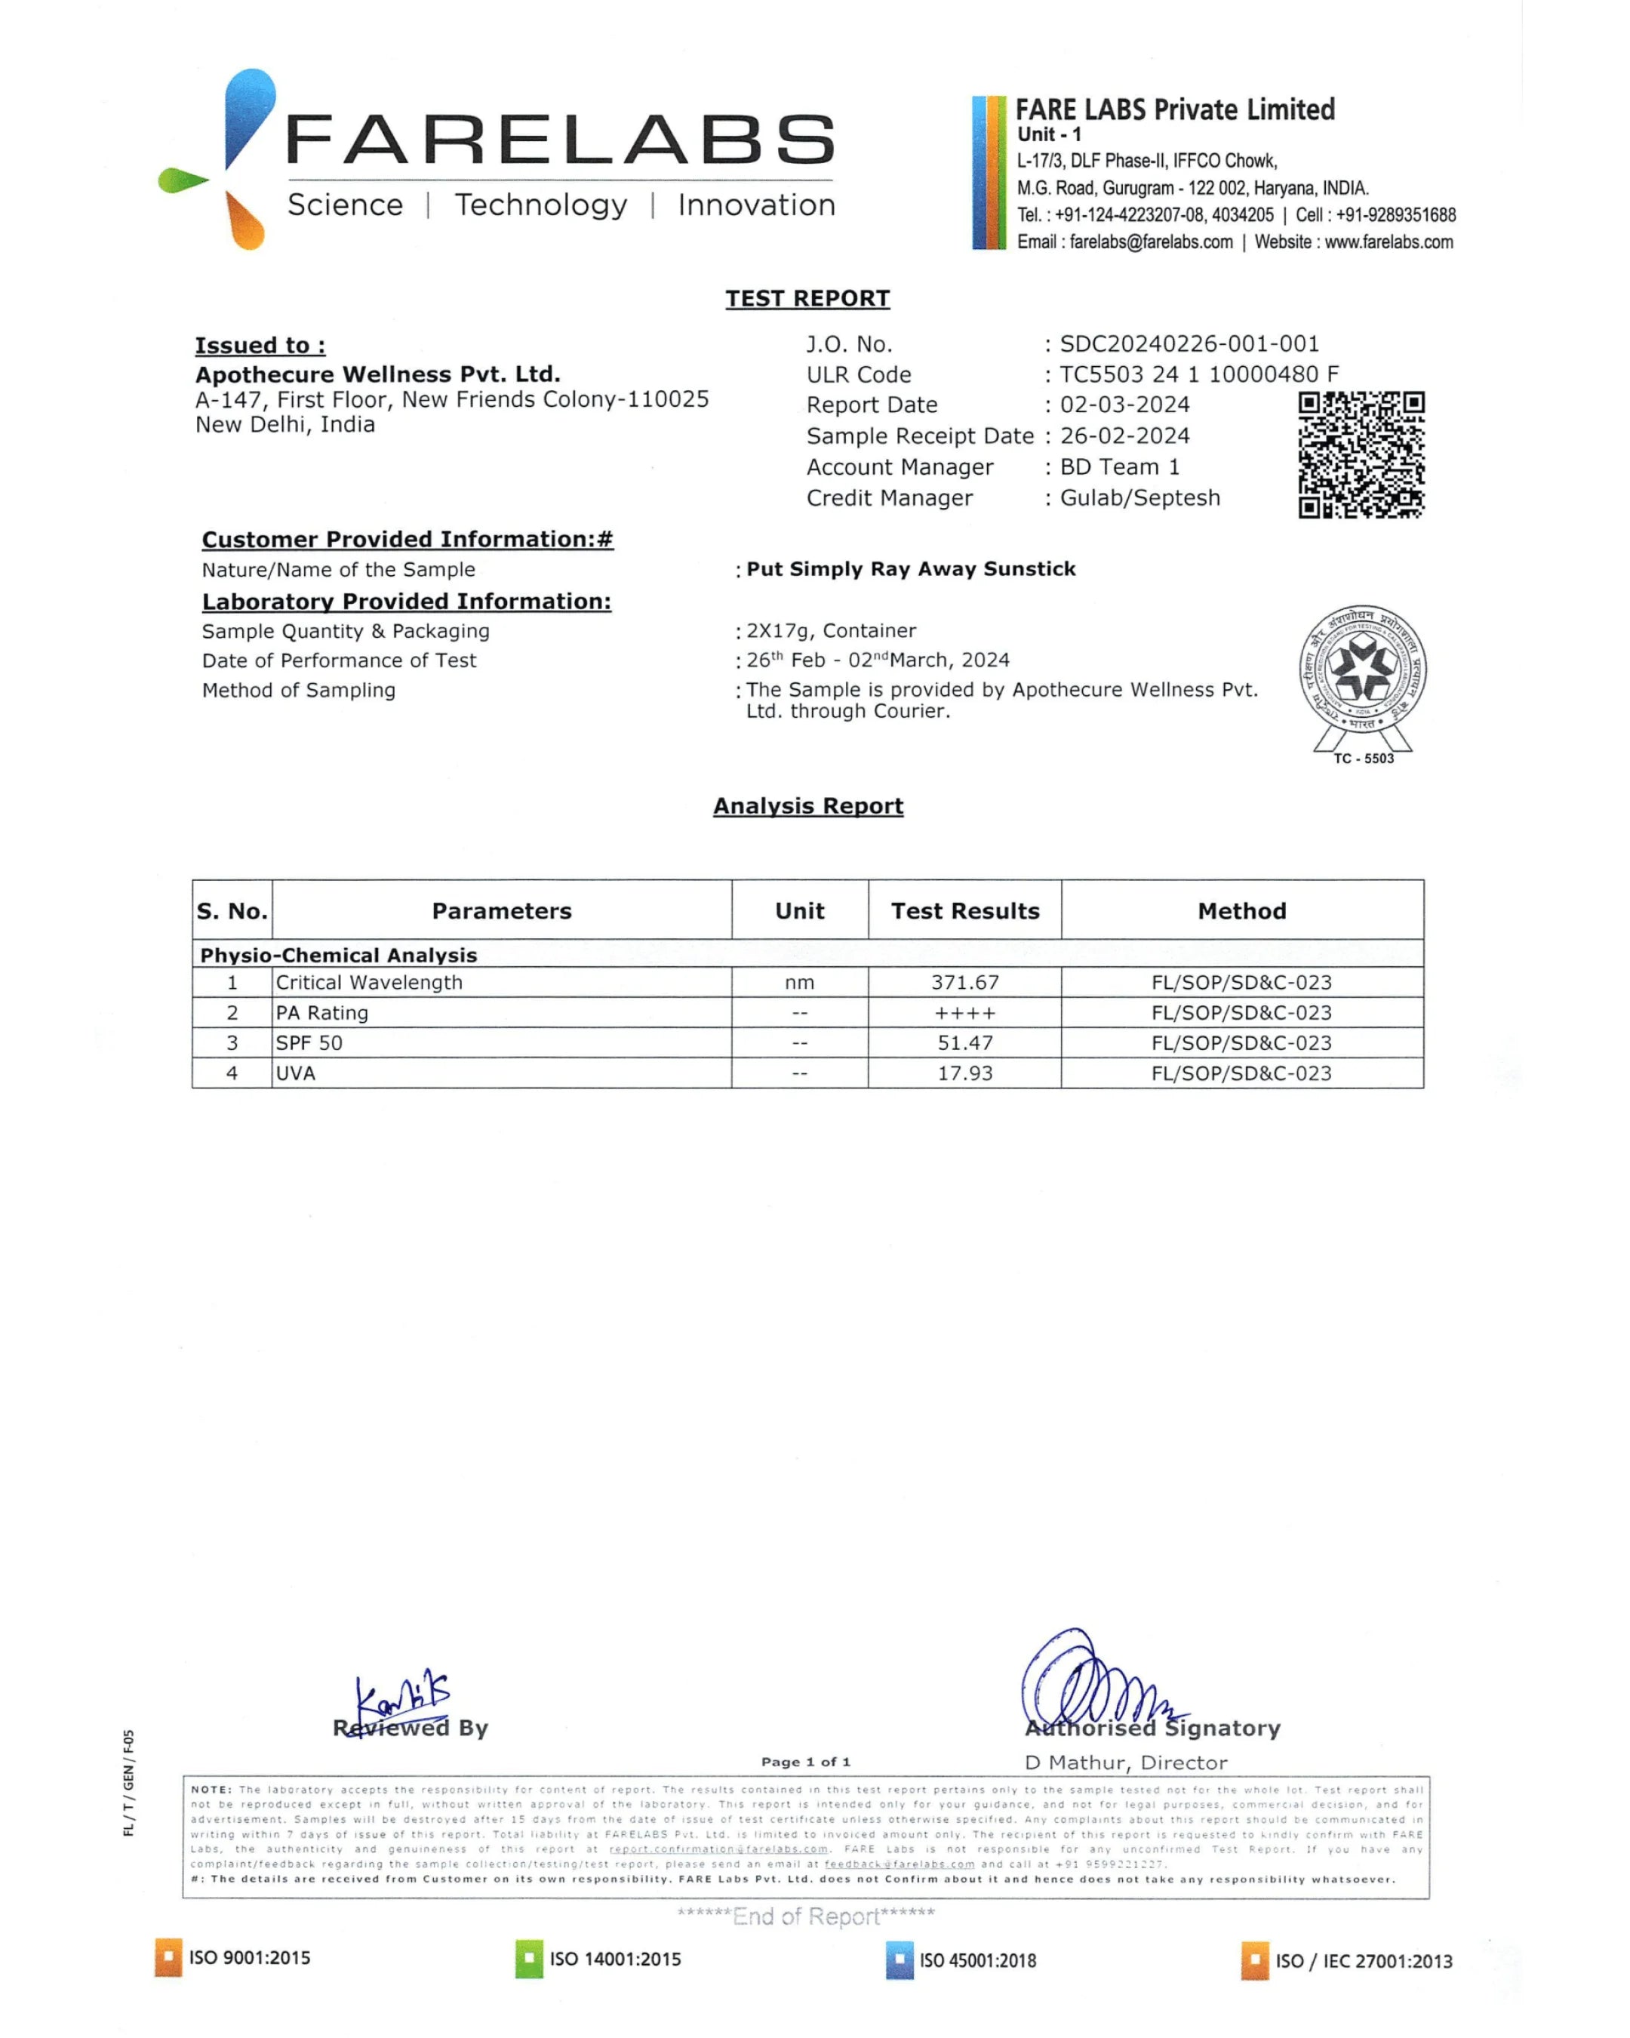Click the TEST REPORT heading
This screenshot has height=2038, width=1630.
click(807, 299)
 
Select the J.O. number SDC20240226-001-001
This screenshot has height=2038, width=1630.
click(1189, 344)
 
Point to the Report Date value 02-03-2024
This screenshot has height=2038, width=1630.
click(1124, 405)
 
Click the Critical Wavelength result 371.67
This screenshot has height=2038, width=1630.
click(964, 982)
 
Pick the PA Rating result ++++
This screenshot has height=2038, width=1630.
click(964, 1012)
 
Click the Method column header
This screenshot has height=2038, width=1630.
click(1241, 910)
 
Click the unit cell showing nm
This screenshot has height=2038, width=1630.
click(799, 982)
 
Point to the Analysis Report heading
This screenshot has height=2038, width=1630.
click(808, 805)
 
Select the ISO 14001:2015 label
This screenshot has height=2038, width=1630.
click(614, 1959)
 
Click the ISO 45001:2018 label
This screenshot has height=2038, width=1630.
click(977, 1960)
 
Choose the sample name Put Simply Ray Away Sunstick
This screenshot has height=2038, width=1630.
click(911, 569)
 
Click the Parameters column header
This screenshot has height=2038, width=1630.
click(502, 910)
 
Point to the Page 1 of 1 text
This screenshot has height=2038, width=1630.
click(806, 1761)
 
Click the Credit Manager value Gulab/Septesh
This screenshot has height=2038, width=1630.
click(1139, 498)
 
